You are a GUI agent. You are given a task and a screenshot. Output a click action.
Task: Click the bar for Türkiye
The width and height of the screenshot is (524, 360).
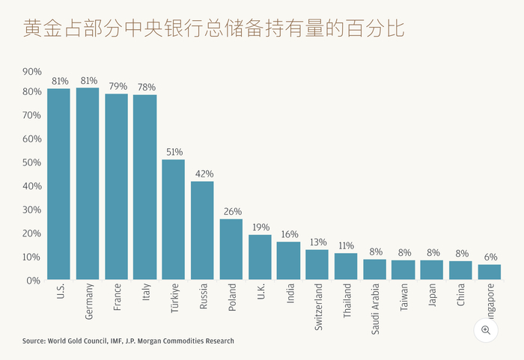coord(173,219)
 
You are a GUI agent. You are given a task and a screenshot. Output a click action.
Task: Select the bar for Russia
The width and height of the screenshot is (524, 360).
coord(202,231)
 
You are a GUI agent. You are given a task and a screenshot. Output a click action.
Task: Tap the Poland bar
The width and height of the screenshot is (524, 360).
coord(231,249)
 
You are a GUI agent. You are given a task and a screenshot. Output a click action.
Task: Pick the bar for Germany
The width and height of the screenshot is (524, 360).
coord(88,183)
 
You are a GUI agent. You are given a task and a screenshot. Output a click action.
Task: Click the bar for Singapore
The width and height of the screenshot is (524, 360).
coord(489,272)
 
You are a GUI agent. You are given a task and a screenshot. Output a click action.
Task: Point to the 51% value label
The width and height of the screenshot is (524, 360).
coord(174,152)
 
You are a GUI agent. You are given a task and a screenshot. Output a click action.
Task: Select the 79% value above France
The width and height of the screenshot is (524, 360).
coord(116,86)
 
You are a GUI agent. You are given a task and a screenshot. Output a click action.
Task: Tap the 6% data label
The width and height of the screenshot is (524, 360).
coord(490,257)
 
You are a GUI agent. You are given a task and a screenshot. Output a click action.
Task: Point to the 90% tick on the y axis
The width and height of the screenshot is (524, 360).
coord(32,72)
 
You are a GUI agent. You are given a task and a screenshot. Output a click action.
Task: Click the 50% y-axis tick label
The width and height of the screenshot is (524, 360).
coord(32,162)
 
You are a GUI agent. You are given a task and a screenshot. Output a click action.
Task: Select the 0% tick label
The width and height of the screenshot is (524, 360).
coord(34,280)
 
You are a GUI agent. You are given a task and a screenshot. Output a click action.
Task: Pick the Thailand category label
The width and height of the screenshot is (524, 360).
coord(347,299)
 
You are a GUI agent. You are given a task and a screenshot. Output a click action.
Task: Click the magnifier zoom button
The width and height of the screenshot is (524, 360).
coord(486,330)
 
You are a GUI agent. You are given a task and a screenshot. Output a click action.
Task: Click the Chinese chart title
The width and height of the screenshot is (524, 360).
coord(213,30)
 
